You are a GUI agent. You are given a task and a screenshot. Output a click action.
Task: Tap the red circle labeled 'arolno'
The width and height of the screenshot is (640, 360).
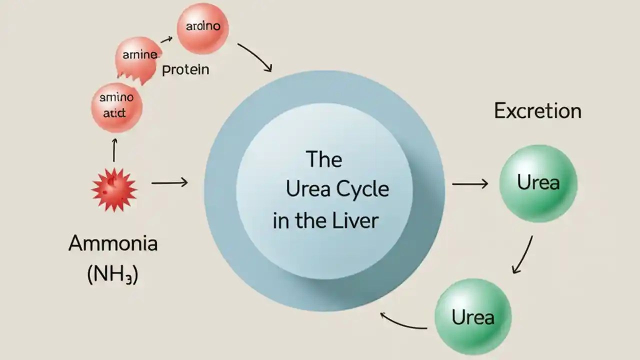tap(202, 28)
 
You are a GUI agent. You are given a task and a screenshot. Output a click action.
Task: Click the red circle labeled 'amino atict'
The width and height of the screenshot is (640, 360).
tap(116, 107)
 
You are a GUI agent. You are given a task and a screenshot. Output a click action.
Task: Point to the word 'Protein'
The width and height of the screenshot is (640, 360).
tap(185, 70)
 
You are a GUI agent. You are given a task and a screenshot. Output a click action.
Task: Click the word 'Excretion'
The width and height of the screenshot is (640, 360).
tap(537, 110)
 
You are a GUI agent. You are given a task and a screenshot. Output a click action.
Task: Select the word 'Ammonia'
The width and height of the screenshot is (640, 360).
tap(113, 243)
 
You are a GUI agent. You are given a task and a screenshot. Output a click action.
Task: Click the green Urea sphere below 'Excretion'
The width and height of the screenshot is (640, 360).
tap(538, 183)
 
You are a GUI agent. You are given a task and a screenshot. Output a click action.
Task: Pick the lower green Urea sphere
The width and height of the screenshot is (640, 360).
tap(472, 317)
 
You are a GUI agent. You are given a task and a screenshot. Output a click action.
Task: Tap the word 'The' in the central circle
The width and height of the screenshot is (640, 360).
tap(324, 159)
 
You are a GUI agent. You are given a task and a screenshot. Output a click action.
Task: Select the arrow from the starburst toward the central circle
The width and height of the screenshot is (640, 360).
tap(169, 183)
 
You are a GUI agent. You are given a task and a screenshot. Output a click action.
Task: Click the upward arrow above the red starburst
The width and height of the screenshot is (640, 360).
tap(114, 150)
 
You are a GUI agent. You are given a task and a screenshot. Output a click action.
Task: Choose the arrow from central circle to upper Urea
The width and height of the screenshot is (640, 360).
tap(470, 184)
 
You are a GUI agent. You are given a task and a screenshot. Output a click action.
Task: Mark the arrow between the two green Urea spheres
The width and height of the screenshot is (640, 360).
tap(522, 255)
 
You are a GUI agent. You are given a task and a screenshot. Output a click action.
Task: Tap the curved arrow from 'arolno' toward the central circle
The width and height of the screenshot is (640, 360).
tap(254, 56)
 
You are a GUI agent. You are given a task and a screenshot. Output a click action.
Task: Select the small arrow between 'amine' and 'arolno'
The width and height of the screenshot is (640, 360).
tap(166, 38)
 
